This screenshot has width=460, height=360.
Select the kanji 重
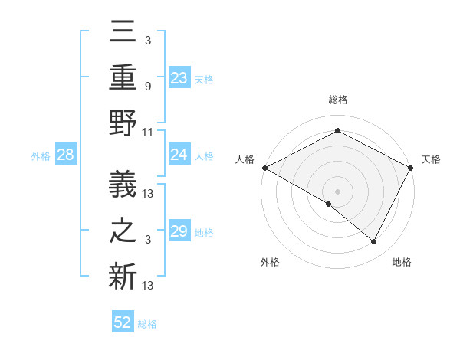pos(123,77)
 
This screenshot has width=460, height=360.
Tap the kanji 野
pos(123,124)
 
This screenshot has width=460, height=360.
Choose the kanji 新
pos(123,277)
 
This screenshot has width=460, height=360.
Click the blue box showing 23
pos(179,78)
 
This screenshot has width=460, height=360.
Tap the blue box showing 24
pos(179,155)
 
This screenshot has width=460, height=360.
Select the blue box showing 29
pos(179,232)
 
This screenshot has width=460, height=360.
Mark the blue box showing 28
pos(66,155)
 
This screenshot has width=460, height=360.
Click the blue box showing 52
pos(123,322)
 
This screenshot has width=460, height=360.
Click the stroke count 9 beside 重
pos(147,86)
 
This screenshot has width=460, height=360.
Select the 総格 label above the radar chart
pos(337,100)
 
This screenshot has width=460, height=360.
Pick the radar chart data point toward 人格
pos(264,168)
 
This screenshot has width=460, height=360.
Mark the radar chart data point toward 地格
pos(374,242)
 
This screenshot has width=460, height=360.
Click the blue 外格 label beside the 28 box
pos(41,156)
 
